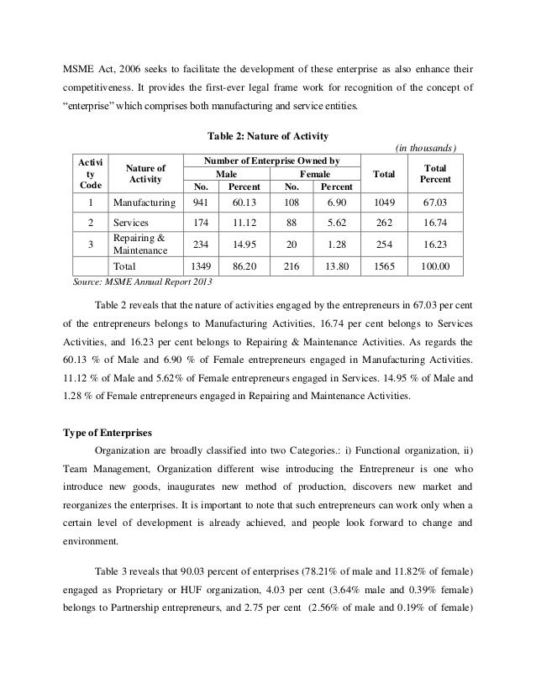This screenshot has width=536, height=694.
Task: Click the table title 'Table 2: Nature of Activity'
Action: [267, 137]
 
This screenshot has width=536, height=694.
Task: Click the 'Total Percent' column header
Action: [436, 174]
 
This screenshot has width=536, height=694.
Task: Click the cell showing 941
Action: [201, 202]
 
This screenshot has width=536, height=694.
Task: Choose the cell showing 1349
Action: [201, 265]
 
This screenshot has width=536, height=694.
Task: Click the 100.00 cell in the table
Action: [436, 265]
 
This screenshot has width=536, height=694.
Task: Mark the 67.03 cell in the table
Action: [436, 202]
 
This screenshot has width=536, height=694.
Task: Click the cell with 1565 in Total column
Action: [384, 265]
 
